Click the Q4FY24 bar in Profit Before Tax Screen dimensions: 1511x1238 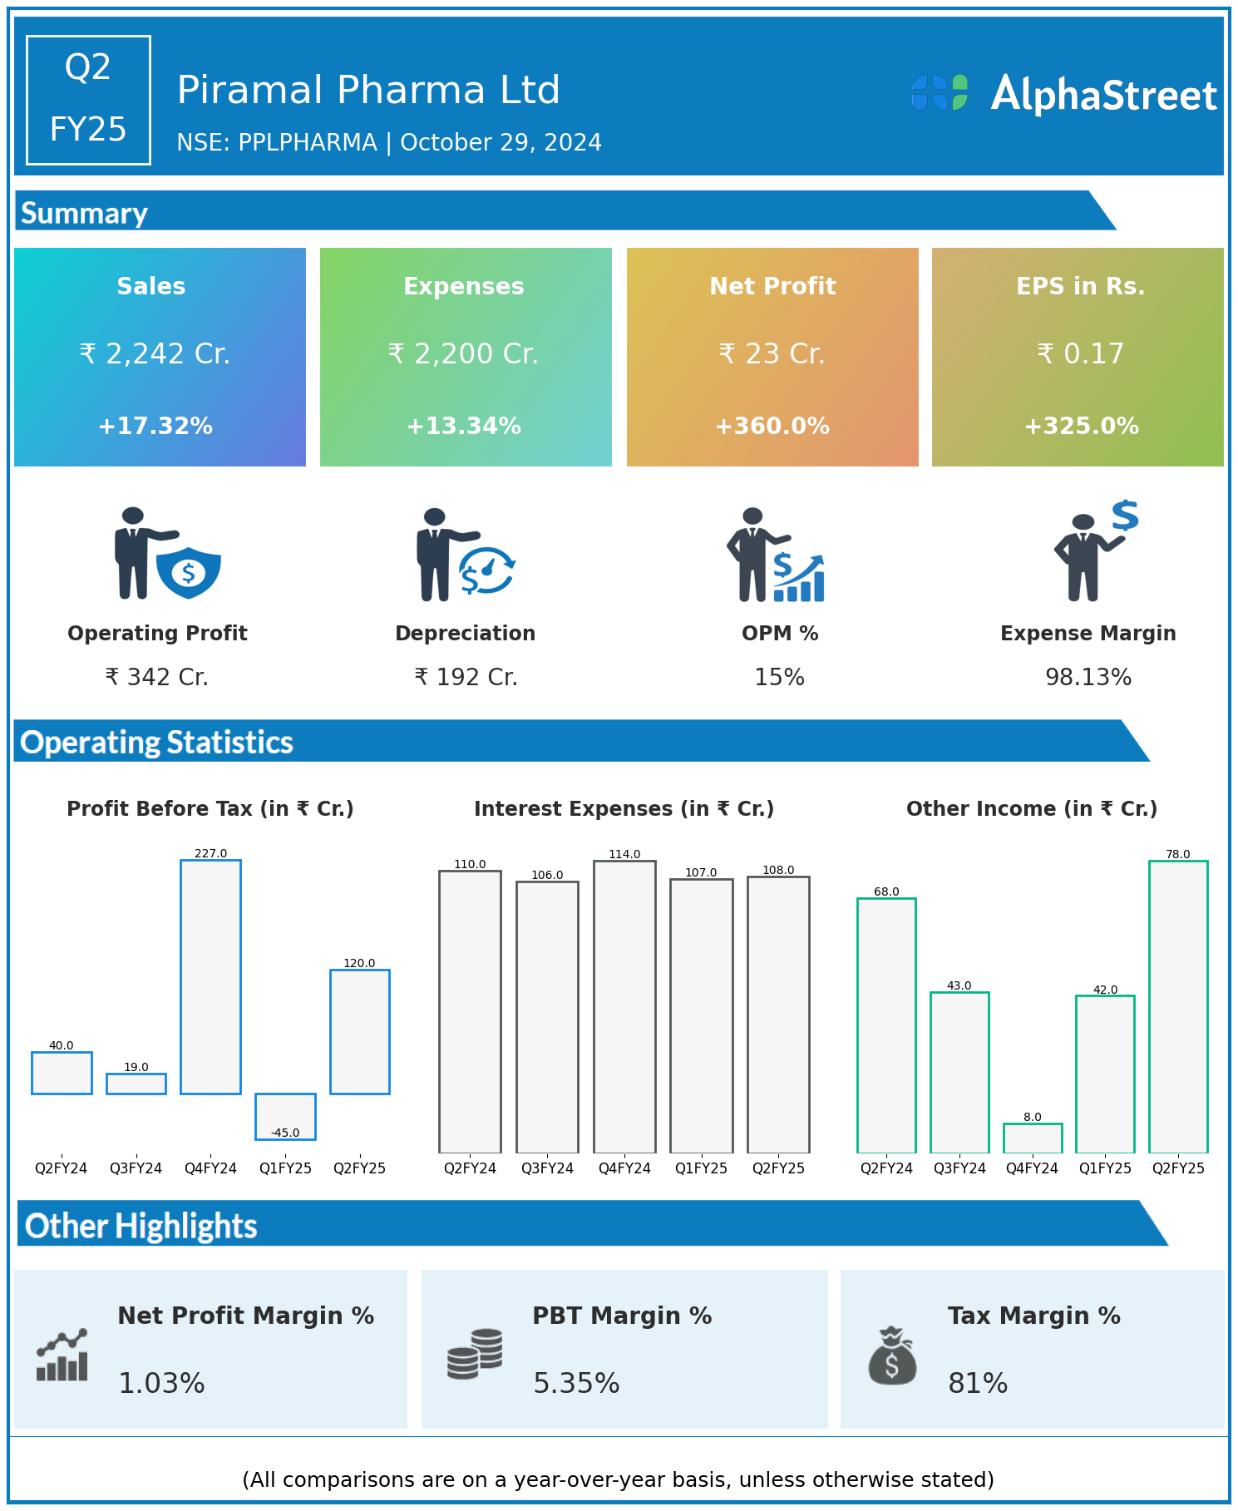210,977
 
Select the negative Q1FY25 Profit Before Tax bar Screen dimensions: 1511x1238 285,1115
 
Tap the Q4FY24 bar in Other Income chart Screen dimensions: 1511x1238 1032,1138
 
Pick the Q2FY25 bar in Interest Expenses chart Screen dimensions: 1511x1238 778,1015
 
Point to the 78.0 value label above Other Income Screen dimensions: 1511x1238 1177,854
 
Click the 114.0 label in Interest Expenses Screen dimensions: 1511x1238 624,854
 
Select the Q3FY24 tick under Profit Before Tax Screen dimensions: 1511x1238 136,1168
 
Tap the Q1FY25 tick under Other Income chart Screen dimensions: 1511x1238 1105,1168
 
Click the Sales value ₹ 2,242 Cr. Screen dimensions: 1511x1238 155,354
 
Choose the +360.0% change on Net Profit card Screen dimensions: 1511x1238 772,427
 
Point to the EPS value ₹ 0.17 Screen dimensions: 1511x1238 1080,354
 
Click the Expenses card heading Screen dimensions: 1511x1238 464,286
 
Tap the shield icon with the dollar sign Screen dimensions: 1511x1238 189,572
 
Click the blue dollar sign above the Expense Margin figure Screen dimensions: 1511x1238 1125,516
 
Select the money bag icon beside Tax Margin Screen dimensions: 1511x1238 892,1356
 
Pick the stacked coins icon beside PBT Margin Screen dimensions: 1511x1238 475,1354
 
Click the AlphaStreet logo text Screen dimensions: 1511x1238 1103,95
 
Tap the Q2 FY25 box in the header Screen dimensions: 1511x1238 88,100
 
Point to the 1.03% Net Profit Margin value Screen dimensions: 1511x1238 161,1383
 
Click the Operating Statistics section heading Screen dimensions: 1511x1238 156,742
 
